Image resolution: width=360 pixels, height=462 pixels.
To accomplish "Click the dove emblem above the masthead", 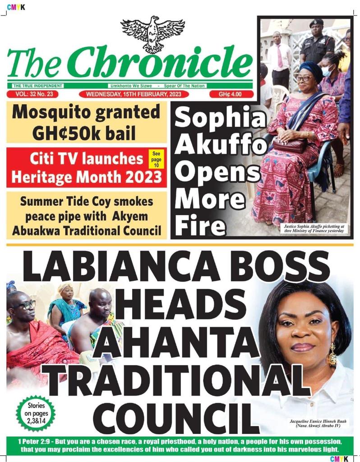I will (152, 33).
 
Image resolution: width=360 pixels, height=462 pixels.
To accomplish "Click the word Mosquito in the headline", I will (58, 111).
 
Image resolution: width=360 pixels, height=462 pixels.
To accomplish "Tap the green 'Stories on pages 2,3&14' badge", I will (36, 412).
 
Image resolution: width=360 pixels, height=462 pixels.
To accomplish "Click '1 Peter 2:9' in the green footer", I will (36, 440).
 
